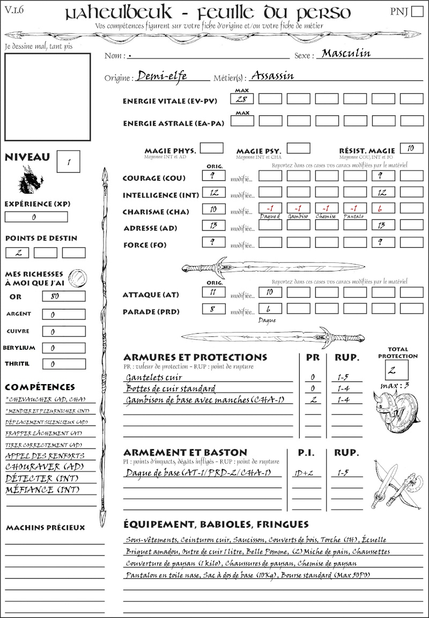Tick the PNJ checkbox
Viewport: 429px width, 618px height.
416,12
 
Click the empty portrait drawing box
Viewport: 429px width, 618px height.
47,97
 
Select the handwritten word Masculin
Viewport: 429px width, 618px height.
346,53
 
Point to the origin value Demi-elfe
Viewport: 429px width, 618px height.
162,76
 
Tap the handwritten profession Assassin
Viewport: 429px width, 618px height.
272,75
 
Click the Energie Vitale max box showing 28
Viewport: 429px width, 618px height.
242,99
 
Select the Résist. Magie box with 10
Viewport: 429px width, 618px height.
411,148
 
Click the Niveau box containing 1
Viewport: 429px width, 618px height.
69,160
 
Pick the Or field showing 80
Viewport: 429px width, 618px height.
63,297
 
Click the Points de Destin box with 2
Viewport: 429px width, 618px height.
17,253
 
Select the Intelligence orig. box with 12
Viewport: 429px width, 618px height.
213,192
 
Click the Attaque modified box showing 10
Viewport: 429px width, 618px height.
270,292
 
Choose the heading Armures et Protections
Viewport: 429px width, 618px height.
195,357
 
